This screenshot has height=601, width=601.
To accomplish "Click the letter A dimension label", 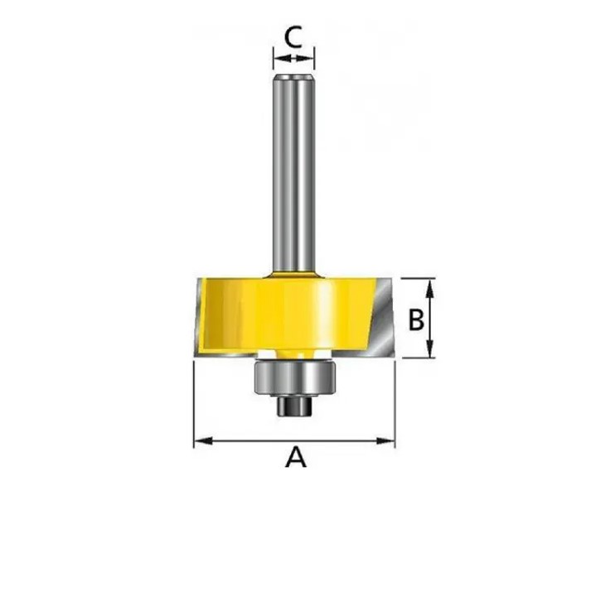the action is pos(296,456).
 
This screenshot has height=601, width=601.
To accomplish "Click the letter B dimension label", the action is pos(416,320).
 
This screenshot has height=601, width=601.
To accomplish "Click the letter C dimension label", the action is pos(293,36).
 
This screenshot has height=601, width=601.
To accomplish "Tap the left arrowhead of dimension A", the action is pos(203,441).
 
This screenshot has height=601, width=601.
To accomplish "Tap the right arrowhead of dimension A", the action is pos(385,441).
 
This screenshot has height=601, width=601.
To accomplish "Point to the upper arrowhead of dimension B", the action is pos(430,288).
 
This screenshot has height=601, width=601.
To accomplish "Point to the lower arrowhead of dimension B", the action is pos(430,349).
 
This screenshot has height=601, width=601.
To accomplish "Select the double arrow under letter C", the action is pos(294,58).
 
